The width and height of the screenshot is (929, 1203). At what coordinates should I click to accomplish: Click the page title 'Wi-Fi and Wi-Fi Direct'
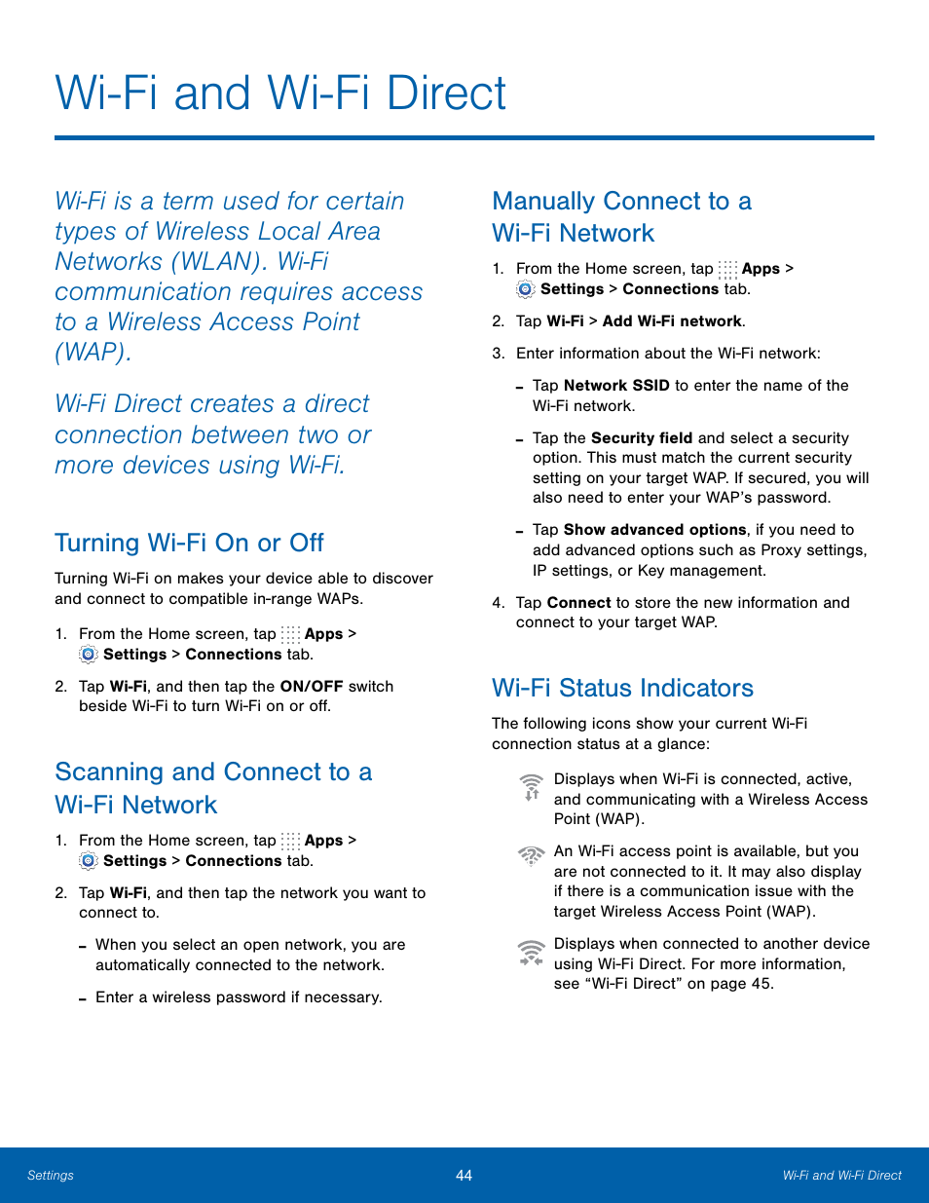pos(280,94)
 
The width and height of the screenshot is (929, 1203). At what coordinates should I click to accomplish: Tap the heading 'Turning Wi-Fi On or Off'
pos(189,543)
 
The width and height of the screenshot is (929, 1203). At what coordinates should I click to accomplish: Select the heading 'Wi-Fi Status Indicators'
pos(622,688)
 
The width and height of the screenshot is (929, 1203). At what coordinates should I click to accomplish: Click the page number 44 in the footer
pos(464,1176)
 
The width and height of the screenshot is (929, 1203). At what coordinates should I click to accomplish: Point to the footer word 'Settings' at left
pos(51,1176)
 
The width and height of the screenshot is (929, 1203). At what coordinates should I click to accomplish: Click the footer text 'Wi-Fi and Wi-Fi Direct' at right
pos(841,1176)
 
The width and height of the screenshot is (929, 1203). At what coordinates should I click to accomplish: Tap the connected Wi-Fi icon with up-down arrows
pos(531,787)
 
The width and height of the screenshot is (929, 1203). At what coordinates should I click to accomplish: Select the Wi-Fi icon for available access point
pos(531,855)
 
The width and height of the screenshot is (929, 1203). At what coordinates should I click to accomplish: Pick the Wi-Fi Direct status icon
pos(531,953)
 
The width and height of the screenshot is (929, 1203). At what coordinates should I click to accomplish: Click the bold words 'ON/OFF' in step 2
pos(312,687)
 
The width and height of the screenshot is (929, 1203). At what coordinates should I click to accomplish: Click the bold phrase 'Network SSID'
pos(616,386)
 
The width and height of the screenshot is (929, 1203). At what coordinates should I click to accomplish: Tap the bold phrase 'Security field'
pos(641,438)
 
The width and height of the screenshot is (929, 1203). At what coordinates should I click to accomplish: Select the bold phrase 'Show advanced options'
pos(654,530)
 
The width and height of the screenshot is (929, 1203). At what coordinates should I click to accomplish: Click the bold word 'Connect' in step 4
pos(579,603)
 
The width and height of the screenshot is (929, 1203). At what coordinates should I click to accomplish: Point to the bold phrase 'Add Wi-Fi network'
pos(672,321)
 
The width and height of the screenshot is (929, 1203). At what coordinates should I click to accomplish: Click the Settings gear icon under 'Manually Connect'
pos(526,289)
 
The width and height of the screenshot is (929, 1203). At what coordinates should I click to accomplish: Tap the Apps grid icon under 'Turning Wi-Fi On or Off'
pos(290,634)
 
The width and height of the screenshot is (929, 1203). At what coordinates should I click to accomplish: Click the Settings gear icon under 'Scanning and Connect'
pos(89,861)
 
